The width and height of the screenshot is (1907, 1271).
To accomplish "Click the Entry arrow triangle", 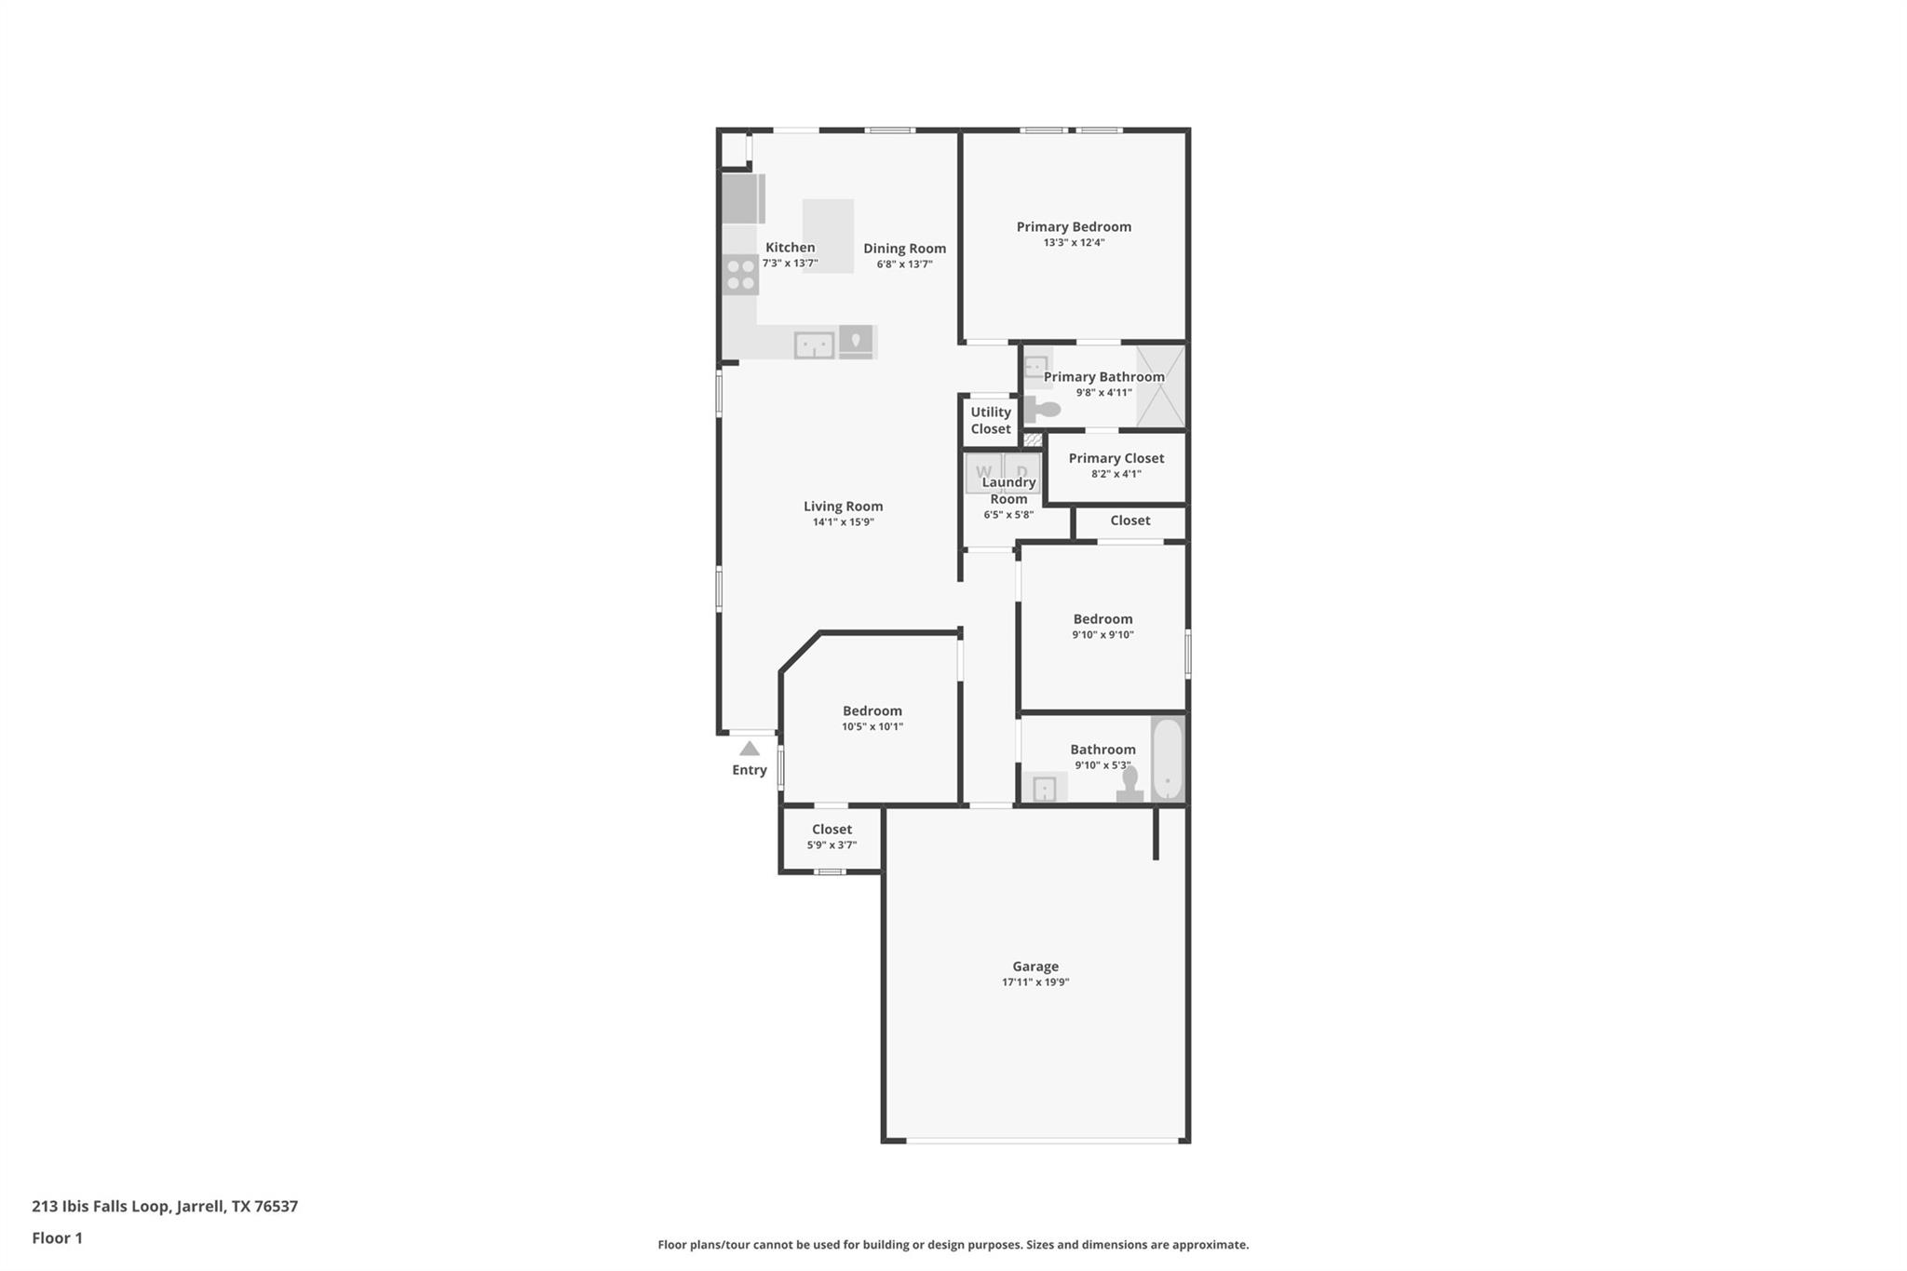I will (750, 749).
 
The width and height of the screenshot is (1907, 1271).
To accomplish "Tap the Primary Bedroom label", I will (1074, 226).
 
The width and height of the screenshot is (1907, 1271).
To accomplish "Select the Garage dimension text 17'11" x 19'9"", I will (1035, 982).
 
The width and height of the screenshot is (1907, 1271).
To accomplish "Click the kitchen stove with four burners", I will (741, 275).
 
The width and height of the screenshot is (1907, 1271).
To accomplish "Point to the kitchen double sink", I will (814, 345).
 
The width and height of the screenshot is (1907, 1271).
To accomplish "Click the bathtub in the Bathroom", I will (1167, 759).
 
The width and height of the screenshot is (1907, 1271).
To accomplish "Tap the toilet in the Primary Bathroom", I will (1042, 410).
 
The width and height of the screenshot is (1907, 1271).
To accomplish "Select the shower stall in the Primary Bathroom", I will (1160, 385).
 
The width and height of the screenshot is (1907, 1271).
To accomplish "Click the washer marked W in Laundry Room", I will (982, 471).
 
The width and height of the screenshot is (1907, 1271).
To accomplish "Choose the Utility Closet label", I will (990, 420).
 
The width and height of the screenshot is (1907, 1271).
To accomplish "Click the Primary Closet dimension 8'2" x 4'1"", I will (1116, 474).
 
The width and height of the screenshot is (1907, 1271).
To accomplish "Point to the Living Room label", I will (843, 506).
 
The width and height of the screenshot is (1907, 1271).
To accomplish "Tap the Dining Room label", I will (904, 248).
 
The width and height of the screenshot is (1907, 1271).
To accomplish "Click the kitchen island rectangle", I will (829, 236).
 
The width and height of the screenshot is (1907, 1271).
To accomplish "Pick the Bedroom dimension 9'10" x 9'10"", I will (1102, 635).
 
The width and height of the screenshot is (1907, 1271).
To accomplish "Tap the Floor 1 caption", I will (58, 1237).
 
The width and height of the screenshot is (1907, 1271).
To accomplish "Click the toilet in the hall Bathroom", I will (1129, 785).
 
